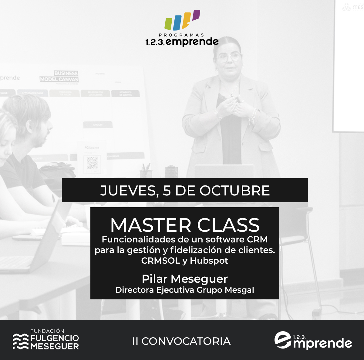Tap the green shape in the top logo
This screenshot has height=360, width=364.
tap(169, 23)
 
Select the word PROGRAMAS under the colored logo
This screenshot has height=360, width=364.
tap(181, 35)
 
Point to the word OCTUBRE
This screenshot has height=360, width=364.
tap(234, 191)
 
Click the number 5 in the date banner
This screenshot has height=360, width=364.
tap(167, 191)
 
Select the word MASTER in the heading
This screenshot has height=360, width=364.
tap(151, 225)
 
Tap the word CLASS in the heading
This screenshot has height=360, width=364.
tap(228, 225)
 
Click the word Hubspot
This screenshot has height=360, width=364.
tap(209, 261)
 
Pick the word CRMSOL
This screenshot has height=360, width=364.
tap(161, 261)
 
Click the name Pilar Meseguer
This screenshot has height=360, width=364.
tap(185, 279)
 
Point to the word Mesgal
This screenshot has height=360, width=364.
tap(239, 290)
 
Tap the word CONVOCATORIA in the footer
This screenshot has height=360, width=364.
tap(186, 341)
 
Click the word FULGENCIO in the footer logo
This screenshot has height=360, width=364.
tap(55, 338)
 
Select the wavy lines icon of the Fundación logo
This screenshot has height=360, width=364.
tap(20, 342)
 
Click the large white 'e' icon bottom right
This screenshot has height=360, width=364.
tap(282, 340)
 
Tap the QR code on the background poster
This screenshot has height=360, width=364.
tap(92, 163)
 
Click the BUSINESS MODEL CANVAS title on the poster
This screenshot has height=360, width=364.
tap(59, 76)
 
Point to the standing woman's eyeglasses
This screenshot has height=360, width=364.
tap(229, 57)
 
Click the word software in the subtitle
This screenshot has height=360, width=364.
tap(225, 240)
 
